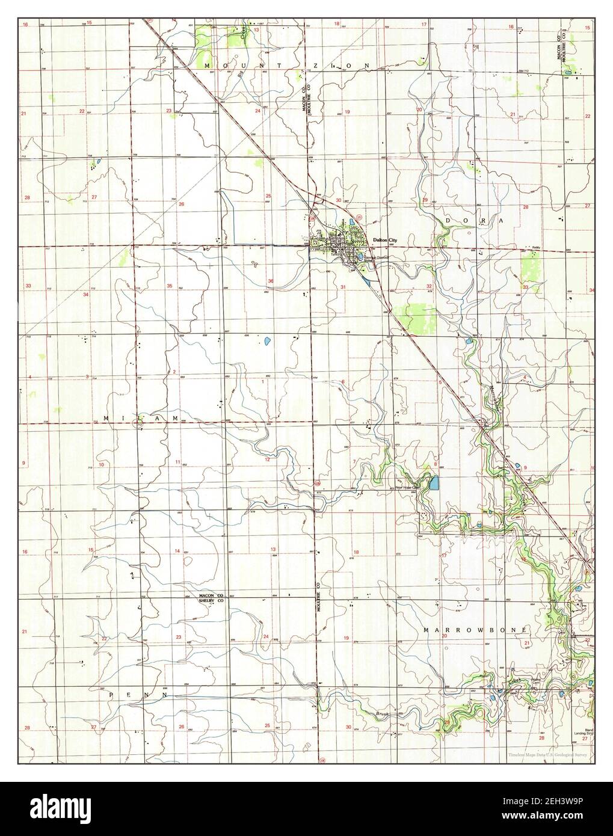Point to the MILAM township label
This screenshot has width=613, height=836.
[141, 417]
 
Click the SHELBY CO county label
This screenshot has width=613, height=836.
[211, 600]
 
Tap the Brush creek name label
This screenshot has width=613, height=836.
[383, 714]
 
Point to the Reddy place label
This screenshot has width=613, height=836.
[537, 247]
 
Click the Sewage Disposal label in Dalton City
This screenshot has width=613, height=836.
[374, 257]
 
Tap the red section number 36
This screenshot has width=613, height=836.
[271, 281]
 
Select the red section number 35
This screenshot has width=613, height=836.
[170, 286]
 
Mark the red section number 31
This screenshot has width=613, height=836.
[343, 287]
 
